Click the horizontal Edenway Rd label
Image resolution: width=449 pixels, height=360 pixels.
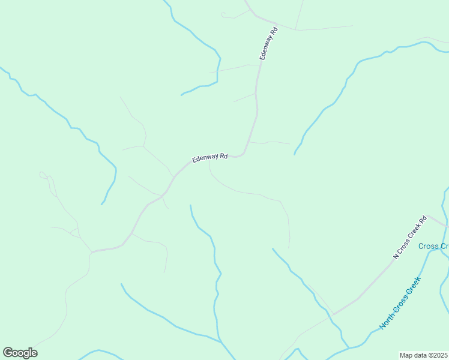[210, 158]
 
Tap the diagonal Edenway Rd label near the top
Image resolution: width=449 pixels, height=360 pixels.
[268, 43]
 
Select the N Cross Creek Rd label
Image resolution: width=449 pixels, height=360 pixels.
[409, 237]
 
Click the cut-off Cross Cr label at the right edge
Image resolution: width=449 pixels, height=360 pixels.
[433, 246]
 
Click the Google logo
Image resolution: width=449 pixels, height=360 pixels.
[20, 353]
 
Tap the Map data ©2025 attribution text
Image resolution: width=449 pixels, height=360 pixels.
[424, 355]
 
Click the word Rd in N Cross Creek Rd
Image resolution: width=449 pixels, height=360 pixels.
[423, 220]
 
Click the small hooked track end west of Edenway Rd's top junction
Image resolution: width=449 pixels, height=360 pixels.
[222, 14]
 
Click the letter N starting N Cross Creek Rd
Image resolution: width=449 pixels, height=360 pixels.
[396, 256]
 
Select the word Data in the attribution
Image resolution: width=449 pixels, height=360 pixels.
[418, 355]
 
